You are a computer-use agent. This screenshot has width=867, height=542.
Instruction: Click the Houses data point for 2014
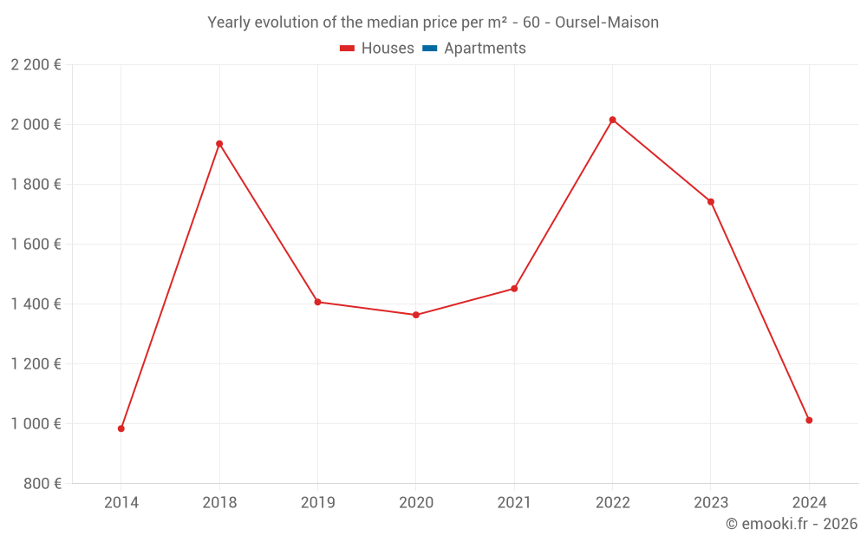[x=121, y=428]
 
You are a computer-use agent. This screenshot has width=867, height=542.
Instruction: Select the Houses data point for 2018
[x=219, y=144]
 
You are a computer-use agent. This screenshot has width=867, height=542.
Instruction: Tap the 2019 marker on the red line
[x=317, y=302]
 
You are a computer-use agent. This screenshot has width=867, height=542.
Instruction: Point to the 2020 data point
[x=416, y=315]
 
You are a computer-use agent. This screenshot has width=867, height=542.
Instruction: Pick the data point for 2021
[x=514, y=289]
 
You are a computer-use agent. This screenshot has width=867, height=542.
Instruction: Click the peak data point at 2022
[x=612, y=120]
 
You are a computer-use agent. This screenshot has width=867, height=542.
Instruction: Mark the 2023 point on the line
[x=711, y=202]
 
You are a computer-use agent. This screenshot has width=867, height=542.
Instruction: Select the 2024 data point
[x=809, y=421]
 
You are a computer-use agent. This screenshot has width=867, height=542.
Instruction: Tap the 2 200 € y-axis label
[x=36, y=65]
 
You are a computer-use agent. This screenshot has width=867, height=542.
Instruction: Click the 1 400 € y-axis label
[x=36, y=304]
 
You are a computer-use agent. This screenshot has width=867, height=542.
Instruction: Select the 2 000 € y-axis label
[x=36, y=125]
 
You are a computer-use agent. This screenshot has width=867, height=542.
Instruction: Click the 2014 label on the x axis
[x=121, y=502]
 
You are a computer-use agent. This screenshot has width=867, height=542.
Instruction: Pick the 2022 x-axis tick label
[x=612, y=502]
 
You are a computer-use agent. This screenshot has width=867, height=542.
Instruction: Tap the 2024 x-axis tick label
[x=809, y=502]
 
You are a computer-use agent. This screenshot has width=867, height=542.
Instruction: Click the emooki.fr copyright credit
[x=791, y=524]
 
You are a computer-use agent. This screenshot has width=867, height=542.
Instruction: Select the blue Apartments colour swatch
[x=428, y=49]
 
